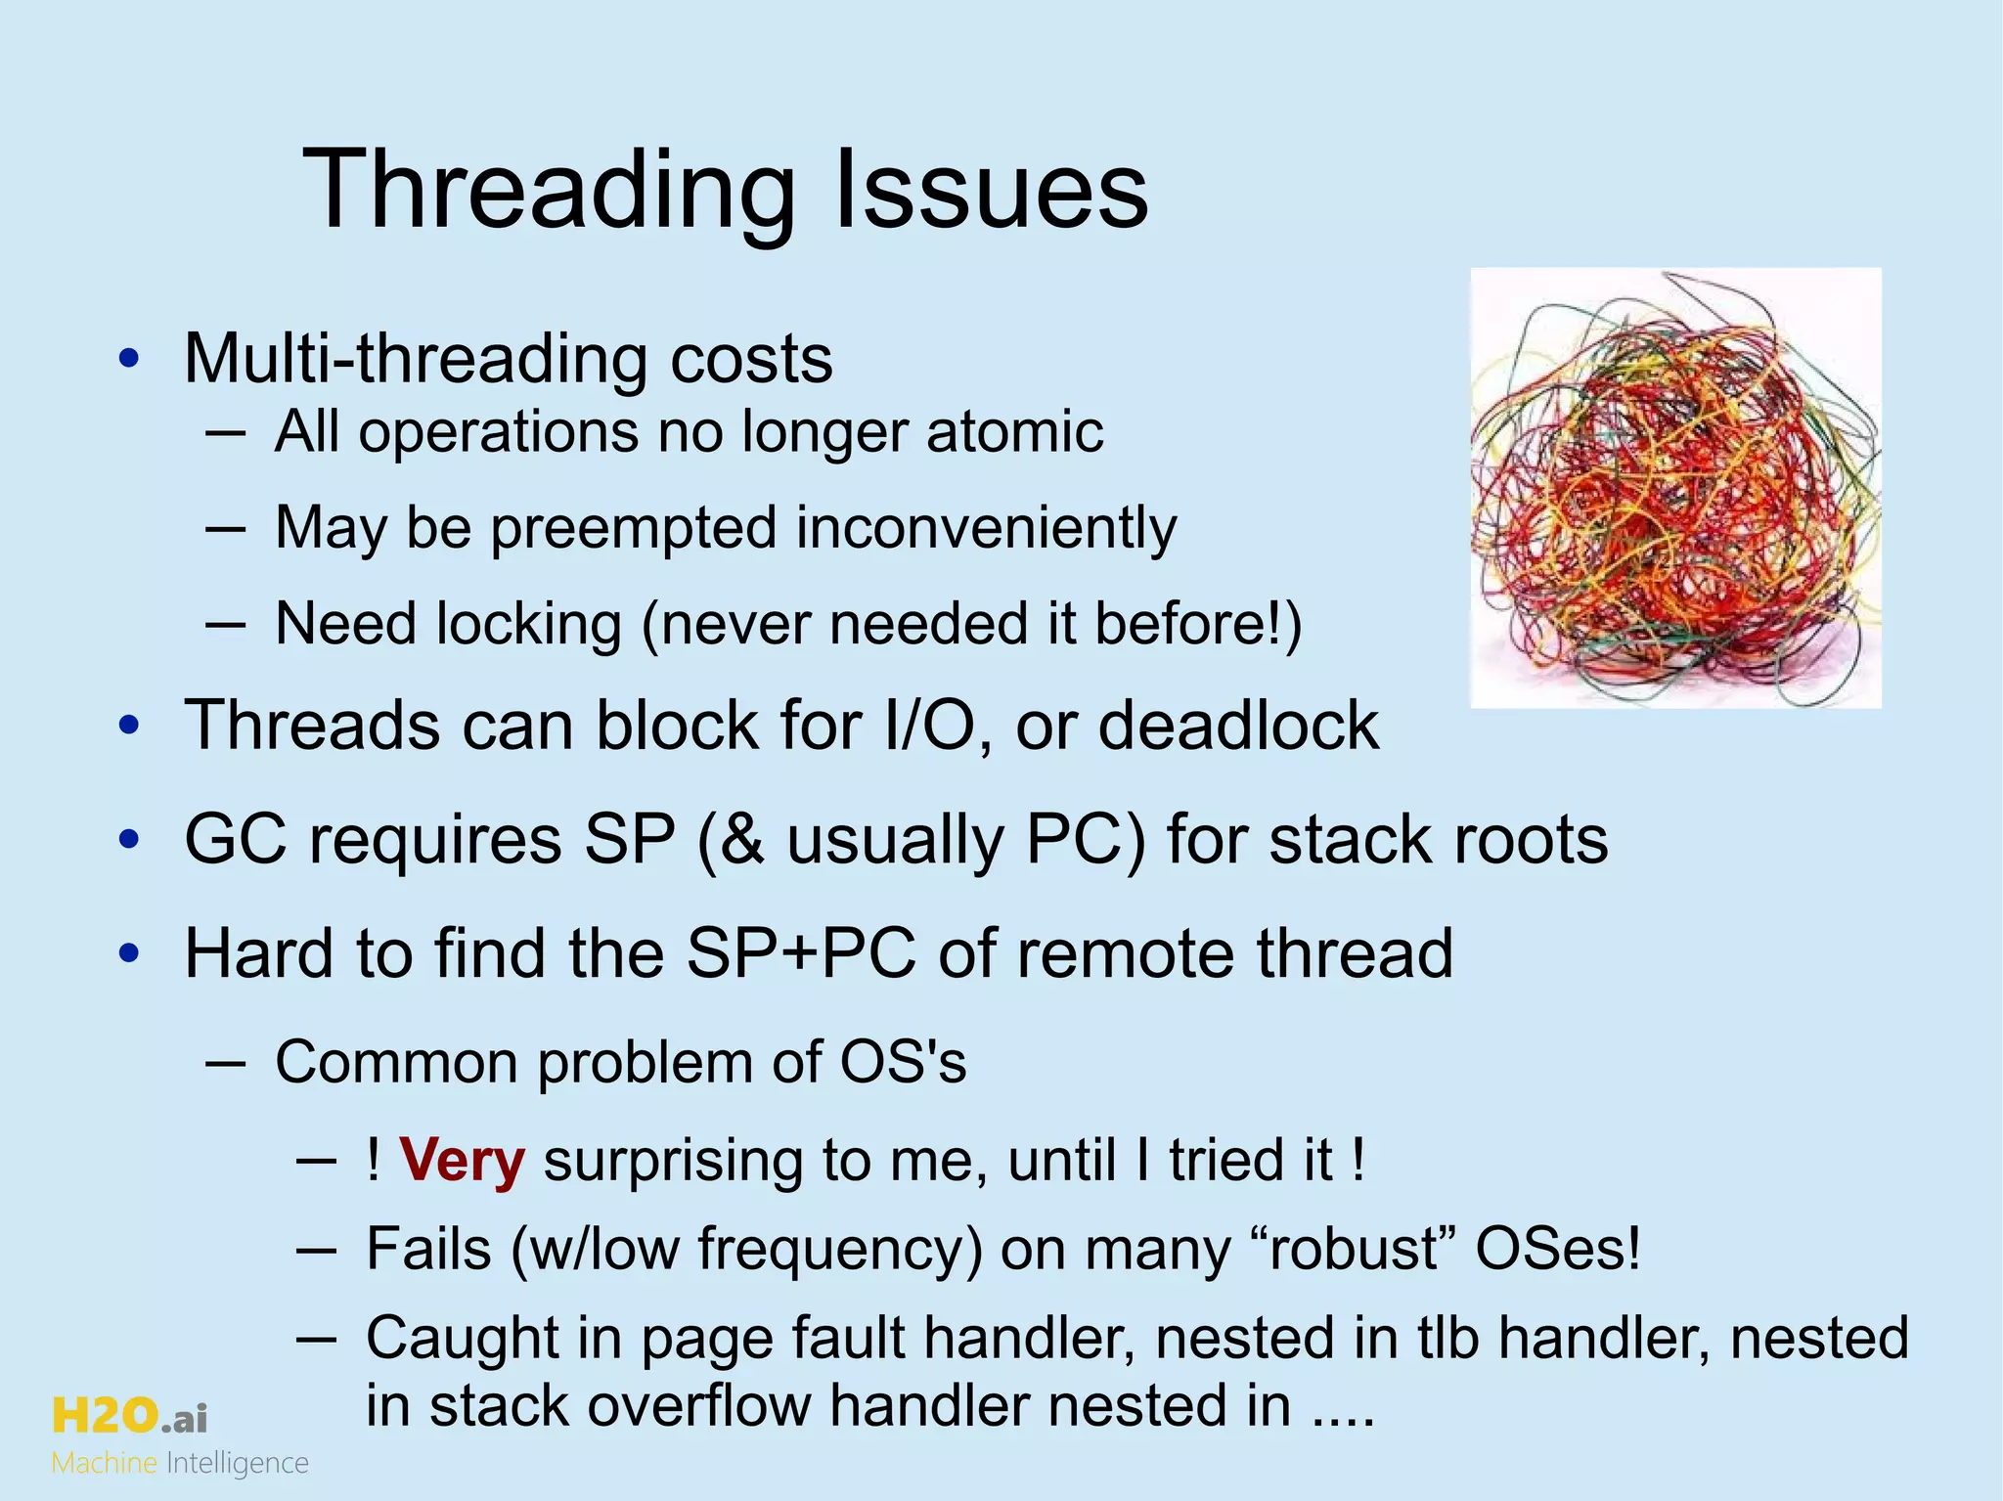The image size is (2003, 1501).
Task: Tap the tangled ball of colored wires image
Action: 1675,487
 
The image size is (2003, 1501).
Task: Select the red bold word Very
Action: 462,1161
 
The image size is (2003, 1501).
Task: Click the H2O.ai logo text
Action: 129,1416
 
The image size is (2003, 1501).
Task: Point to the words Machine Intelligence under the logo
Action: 180,1463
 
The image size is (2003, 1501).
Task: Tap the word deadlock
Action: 1238,726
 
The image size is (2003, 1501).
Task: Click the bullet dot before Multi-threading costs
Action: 129,359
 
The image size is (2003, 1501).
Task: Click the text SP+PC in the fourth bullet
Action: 801,953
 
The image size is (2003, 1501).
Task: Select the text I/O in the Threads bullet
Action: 935,726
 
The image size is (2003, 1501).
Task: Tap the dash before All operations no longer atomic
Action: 225,432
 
